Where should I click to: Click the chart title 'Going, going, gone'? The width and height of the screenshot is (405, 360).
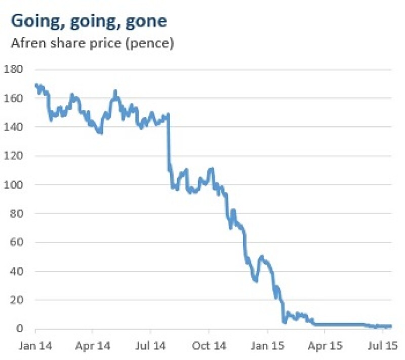coord(89,21)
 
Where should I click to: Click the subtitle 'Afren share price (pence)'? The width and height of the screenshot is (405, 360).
coord(93,44)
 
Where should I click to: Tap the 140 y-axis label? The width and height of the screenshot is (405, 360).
coord(14,127)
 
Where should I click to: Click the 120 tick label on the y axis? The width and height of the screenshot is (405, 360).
coord(14,155)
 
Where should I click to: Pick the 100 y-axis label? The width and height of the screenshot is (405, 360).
coord(14,184)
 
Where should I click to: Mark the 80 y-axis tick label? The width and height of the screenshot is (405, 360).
coord(17,213)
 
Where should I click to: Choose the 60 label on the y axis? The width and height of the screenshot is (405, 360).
coord(17,242)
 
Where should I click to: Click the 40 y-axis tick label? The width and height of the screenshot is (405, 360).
coord(17,271)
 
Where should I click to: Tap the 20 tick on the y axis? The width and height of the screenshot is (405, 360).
coord(17,300)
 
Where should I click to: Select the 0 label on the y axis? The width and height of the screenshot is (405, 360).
coord(20,329)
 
